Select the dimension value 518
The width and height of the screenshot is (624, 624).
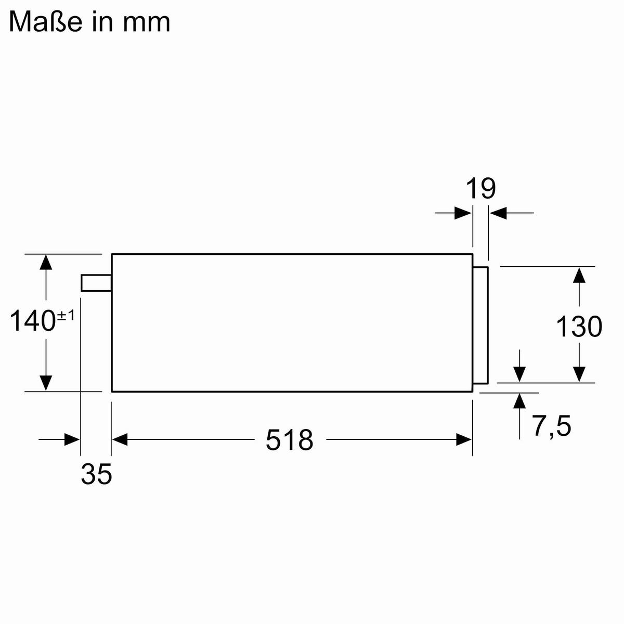[x=289, y=440]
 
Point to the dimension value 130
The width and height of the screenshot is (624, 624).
[x=579, y=327]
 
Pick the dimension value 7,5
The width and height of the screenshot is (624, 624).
[x=552, y=426]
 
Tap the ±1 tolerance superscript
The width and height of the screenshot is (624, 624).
[x=66, y=315]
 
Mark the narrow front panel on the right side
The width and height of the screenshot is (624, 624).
[x=480, y=326]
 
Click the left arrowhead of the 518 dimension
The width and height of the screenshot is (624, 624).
[x=120, y=440]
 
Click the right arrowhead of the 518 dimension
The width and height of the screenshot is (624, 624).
[x=464, y=440]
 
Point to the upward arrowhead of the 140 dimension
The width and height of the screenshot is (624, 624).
[x=46, y=262]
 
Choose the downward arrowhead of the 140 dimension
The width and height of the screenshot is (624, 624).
[x=46, y=383]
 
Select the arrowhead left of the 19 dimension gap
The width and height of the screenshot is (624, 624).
[x=463, y=213]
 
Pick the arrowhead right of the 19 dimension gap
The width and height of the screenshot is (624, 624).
[x=498, y=213]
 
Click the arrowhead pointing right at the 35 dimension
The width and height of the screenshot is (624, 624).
[x=72, y=440]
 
